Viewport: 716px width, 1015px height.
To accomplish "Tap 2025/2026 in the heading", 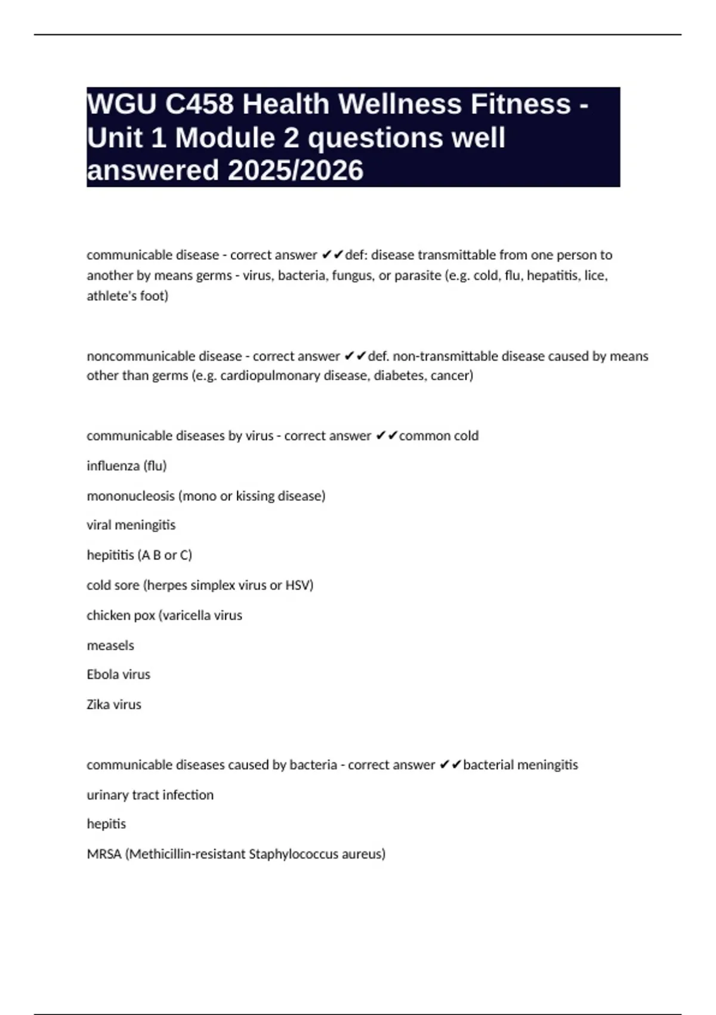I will (x=295, y=170).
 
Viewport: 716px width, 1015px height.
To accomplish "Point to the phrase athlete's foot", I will (x=126, y=296).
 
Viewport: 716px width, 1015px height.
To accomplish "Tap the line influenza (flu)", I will (x=126, y=466).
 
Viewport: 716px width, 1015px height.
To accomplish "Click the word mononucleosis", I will (x=131, y=496).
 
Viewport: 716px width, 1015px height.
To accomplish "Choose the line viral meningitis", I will (x=131, y=525).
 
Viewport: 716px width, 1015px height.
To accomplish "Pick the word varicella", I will (x=186, y=615).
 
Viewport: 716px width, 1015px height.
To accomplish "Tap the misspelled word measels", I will (x=110, y=645).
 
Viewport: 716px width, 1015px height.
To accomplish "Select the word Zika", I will (x=98, y=705).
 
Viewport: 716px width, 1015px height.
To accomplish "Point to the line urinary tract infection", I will (x=150, y=795).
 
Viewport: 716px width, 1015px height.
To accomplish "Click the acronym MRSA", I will (x=104, y=854).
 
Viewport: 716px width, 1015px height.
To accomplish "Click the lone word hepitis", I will (x=106, y=824).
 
